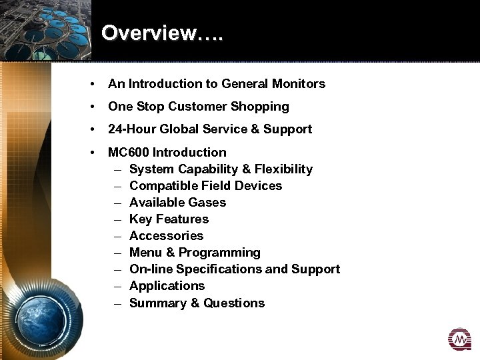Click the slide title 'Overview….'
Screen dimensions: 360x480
[x=163, y=33]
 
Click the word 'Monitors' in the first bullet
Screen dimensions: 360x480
[x=298, y=83]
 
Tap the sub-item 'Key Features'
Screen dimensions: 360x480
[x=169, y=219]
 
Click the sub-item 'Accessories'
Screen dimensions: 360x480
[x=166, y=235]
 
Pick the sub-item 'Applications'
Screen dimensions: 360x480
[x=167, y=285]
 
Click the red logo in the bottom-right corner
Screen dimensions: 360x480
[x=459, y=339]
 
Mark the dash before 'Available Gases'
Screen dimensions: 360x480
[x=117, y=202]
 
